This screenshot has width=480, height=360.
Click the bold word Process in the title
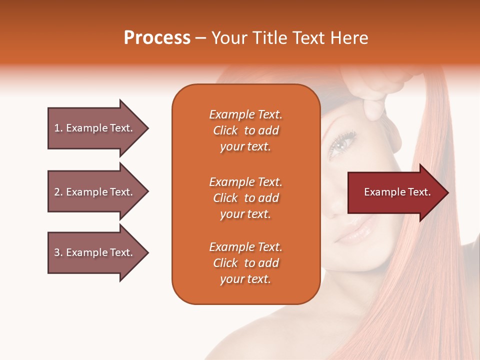click(157, 38)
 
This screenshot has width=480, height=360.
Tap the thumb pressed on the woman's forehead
click(372, 109)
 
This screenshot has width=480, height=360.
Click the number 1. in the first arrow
click(58, 128)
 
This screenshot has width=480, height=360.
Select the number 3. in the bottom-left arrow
click(58, 252)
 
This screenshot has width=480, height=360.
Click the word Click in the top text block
click(225, 131)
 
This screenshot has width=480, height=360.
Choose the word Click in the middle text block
click(225, 198)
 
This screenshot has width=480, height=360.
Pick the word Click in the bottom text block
click(225, 263)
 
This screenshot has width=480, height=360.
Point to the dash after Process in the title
click(200, 38)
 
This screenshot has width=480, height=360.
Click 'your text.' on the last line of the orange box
click(245, 279)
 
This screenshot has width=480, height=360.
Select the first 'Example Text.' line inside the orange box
click(245, 114)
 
